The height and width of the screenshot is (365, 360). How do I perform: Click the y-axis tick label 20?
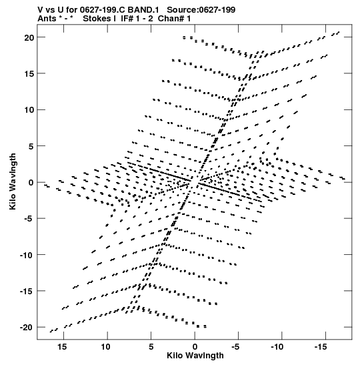pyautogui.click(x=29, y=37)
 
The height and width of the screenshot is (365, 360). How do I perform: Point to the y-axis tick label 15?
pyautogui.click(x=29, y=73)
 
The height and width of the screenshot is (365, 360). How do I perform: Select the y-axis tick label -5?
pyautogui.click(x=29, y=219)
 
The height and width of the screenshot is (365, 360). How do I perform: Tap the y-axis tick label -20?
pyautogui.click(x=27, y=328)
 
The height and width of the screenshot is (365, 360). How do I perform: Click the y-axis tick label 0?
pyautogui.click(x=31, y=183)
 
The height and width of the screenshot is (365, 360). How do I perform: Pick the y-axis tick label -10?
pyautogui.click(x=27, y=255)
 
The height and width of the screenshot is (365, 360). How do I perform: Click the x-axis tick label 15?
pyautogui.click(x=62, y=347)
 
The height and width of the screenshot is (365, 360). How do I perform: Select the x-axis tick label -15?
pyautogui.click(x=321, y=347)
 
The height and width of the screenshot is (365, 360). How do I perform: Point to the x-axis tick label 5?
pyautogui.click(x=151, y=347)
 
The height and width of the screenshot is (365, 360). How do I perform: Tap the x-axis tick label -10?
pyautogui.click(x=277, y=347)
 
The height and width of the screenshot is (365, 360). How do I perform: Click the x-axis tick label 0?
pyautogui.click(x=195, y=347)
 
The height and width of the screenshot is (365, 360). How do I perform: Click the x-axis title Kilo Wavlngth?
pyautogui.click(x=195, y=356)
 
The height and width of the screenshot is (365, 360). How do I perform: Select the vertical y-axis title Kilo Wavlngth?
pyautogui.click(x=13, y=181)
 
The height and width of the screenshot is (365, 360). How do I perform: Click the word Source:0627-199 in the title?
pyautogui.click(x=201, y=10)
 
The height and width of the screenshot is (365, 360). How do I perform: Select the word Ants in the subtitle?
pyautogui.click(x=47, y=19)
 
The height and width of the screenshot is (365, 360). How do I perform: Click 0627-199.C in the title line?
pyautogui.click(x=102, y=10)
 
